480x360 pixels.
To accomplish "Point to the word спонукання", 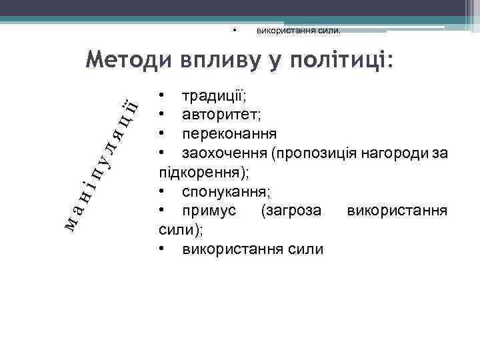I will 225,192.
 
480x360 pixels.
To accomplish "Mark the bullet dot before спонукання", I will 162,192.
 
